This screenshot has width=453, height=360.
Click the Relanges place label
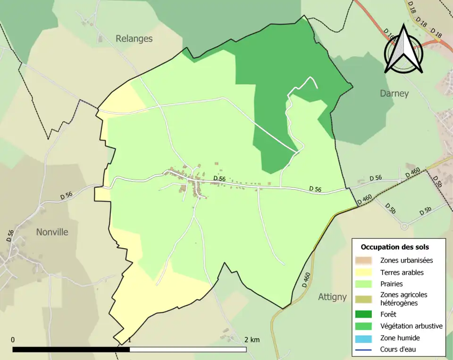[x=134, y=39]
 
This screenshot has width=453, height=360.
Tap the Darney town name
[x=394, y=93]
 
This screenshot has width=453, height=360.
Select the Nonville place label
[x=52, y=232]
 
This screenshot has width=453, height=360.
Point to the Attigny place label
[x=332, y=297]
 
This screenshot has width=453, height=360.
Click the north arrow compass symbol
[x=403, y=49]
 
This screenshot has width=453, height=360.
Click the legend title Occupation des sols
[x=395, y=247]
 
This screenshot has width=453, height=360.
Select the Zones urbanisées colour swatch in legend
[x=365, y=260]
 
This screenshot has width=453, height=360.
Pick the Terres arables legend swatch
[x=365, y=272]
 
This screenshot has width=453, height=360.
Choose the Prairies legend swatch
[x=365, y=284]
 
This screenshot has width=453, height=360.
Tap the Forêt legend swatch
[x=365, y=314]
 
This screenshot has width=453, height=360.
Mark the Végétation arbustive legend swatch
[x=365, y=326]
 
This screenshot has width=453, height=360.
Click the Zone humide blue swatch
[x=365, y=338]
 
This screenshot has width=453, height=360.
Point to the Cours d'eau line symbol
[x=365, y=350]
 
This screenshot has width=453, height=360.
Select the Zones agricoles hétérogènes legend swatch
[x=365, y=298]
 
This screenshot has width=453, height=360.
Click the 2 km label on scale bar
[x=252, y=340]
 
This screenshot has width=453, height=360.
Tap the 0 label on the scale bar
[x=13, y=340]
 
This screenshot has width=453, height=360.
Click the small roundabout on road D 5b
[x=404, y=226]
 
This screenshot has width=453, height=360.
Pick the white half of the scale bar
[x=188, y=350]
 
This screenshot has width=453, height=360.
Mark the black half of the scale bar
[x=71, y=350]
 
